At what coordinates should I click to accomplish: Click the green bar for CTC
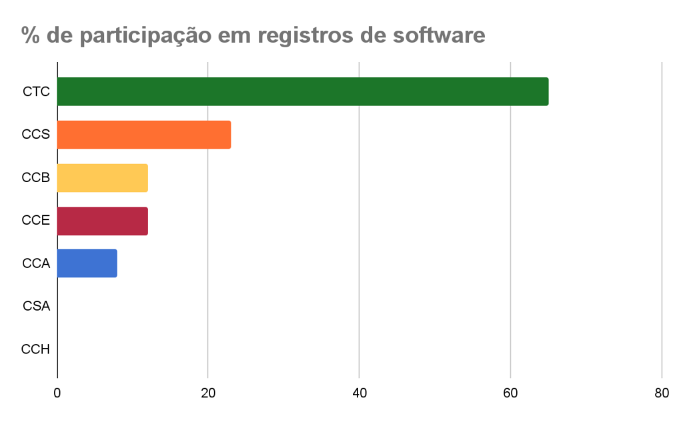coord(303,92)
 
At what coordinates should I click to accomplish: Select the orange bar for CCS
coord(144,135)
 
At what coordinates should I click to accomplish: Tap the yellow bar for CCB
coord(102,178)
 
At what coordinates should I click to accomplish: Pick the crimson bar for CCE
coord(102,221)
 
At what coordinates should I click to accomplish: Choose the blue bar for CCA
coord(87,263)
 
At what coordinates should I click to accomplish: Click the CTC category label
coord(36,92)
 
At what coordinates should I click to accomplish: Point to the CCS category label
coord(36,135)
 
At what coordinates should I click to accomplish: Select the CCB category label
coord(36,178)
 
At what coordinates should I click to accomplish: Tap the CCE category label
coord(36,221)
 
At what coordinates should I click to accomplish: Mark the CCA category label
coord(36,263)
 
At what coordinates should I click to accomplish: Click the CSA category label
coord(36,307)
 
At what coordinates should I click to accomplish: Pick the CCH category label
coord(36,349)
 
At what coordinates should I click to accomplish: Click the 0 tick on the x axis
coord(57,393)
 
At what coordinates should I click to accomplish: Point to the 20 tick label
coord(208,393)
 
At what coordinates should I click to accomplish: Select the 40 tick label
coord(360,393)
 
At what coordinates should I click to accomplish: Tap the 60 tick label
coord(510,393)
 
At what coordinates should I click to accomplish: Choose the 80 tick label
coord(662,393)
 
